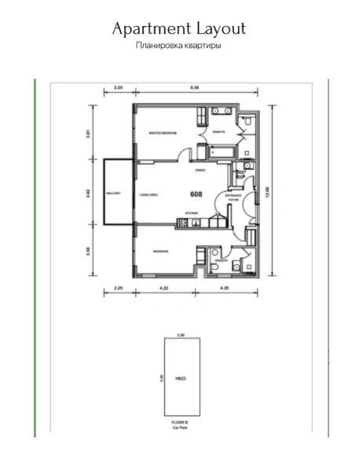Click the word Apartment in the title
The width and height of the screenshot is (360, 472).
point(149,29)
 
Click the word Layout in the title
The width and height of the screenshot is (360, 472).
point(219,29)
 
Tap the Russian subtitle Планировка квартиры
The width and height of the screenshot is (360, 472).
point(178,46)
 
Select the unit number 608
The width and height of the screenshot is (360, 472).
point(197,193)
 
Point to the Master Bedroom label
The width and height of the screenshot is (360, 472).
point(163,134)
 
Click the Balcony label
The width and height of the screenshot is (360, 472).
point(114,194)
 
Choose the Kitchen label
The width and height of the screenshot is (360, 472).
point(191,213)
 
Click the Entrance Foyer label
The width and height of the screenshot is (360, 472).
point(233,197)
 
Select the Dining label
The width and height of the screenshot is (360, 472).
point(200,169)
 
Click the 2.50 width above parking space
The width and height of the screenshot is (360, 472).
point(180,334)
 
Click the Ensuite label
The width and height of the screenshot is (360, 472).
point(220,132)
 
